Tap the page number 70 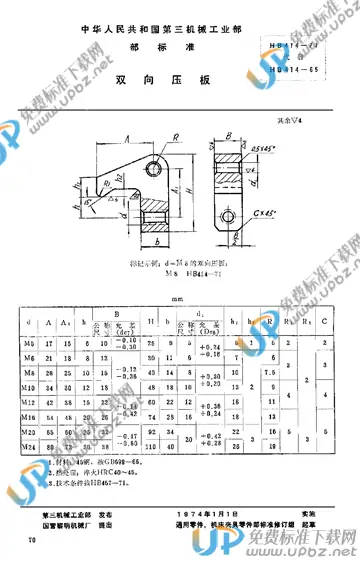[x=34, y=541]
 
